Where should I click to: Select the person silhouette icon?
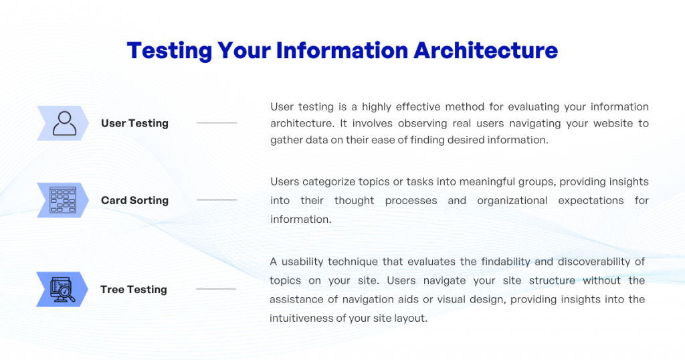64,123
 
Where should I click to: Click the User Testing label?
134,123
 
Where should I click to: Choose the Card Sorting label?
134,200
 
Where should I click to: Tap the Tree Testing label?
134,289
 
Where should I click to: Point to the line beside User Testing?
216,123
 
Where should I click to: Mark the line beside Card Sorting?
216,200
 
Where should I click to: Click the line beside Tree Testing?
216,289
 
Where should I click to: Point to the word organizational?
515,201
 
